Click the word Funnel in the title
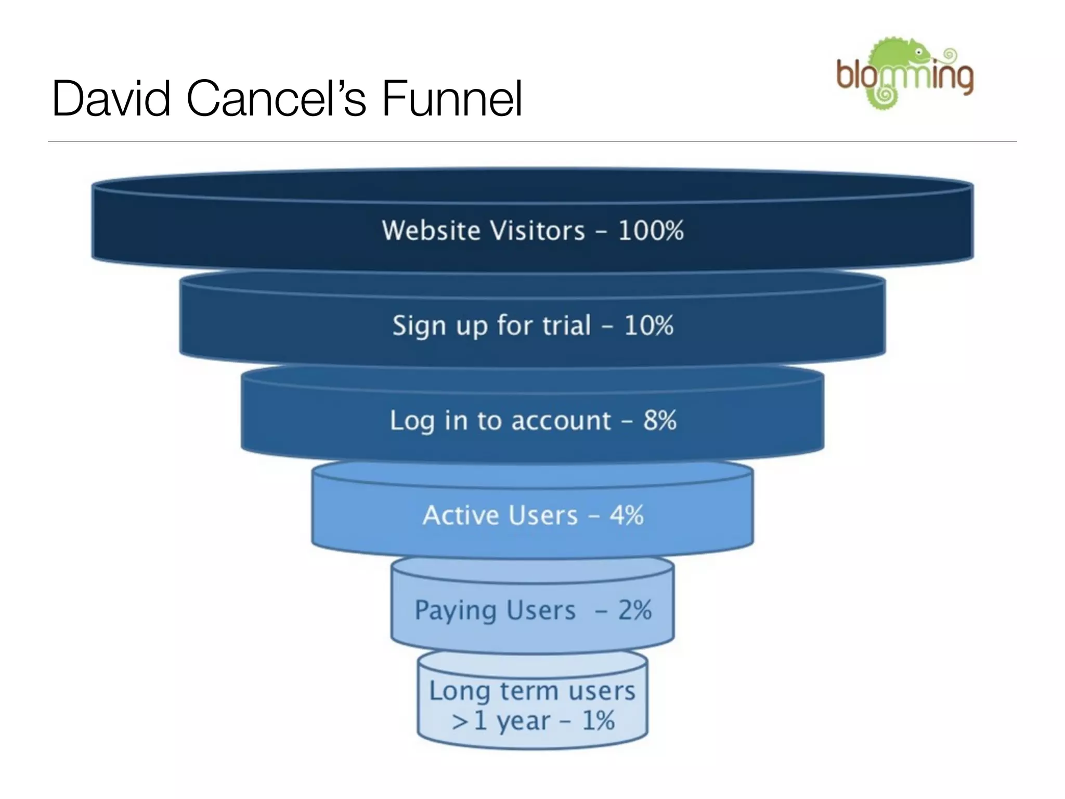pyautogui.click(x=452, y=99)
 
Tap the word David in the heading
pyautogui.click(x=111, y=99)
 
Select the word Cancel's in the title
pyautogui.click(x=276, y=99)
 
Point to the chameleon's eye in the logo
pyautogui.click(x=919, y=53)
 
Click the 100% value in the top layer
pyautogui.click(x=651, y=230)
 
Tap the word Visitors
pyautogui.click(x=541, y=230)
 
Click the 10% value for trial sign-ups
pyautogui.click(x=648, y=326)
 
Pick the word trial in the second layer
pyautogui.click(x=567, y=326)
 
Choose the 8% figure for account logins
pyautogui.click(x=660, y=420)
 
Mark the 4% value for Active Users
pyautogui.click(x=627, y=516)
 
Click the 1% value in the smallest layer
pyautogui.click(x=598, y=721)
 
